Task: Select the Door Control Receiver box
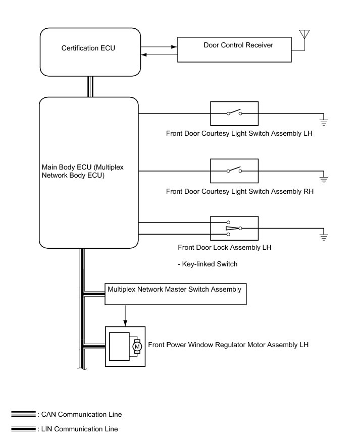click(x=234, y=49)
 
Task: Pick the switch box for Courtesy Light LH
click(x=234, y=113)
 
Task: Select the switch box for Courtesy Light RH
click(x=234, y=171)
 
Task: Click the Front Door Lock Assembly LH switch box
click(x=234, y=228)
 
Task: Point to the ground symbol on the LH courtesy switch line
click(x=324, y=121)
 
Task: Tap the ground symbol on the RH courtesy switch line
click(x=324, y=179)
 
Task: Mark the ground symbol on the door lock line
click(x=324, y=236)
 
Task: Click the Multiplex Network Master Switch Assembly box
click(x=175, y=294)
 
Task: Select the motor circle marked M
click(x=137, y=346)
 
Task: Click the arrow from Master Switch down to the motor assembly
click(x=124, y=316)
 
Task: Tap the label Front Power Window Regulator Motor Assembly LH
click(x=228, y=345)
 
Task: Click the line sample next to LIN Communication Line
click(x=23, y=429)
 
